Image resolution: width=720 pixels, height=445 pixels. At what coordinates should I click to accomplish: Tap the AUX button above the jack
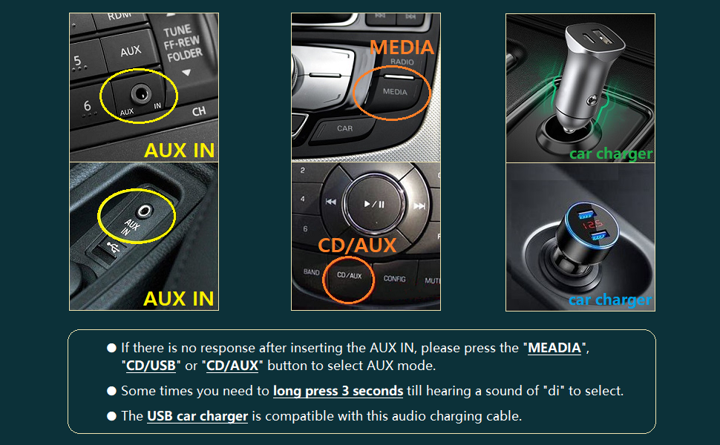click(x=131, y=51)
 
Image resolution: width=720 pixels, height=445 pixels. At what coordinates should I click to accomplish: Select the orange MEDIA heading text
click(x=402, y=47)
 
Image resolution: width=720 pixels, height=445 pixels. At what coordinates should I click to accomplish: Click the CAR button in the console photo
click(x=345, y=128)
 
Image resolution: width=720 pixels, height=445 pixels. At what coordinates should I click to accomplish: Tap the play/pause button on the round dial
click(x=373, y=204)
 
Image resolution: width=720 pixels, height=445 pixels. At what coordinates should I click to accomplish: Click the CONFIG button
click(x=394, y=280)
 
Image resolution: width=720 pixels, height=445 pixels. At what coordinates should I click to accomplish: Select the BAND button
click(x=312, y=272)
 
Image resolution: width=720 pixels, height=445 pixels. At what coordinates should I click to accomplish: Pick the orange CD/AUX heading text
click(x=357, y=245)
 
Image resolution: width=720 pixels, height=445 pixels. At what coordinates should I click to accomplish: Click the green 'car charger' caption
click(x=610, y=154)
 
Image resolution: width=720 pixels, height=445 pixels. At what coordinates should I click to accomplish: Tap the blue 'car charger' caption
click(x=610, y=300)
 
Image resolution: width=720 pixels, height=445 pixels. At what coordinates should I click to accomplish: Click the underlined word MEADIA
click(x=554, y=348)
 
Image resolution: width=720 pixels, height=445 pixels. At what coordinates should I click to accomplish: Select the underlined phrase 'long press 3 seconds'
click(x=338, y=391)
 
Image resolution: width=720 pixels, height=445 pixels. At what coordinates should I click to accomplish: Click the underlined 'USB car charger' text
click(x=197, y=416)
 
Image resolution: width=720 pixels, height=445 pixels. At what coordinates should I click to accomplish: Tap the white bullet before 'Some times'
click(x=112, y=391)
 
